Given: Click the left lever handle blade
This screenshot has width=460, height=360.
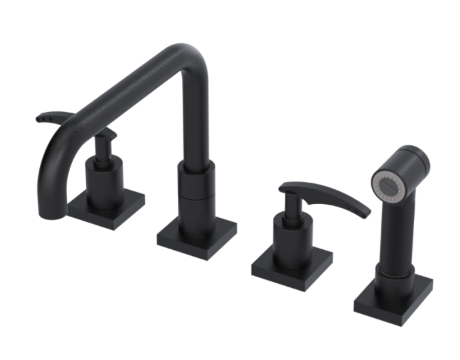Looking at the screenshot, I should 57,117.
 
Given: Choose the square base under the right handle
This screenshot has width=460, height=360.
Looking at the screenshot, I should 291,265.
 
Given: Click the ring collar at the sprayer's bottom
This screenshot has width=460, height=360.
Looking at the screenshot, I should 389,270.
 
